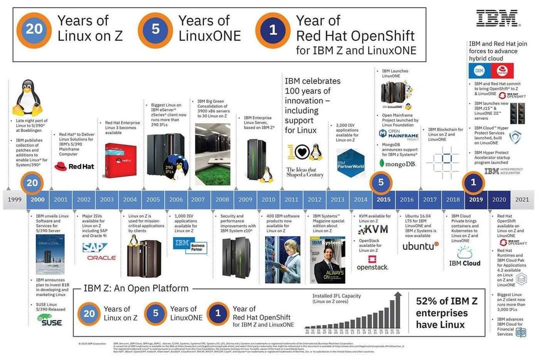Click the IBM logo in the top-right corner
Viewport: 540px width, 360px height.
pos(498,18)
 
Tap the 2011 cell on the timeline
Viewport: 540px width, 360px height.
pos(291,199)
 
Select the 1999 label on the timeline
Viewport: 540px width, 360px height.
pos(14,199)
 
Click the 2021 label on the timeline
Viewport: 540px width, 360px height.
pos(522,199)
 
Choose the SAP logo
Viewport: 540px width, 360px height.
pos(95,247)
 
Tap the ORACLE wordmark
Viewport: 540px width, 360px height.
pos(101,258)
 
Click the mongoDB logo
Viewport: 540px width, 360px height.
pos(398,163)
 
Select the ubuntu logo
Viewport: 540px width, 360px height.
pos(420,246)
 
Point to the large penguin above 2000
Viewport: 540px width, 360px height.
pos(26,98)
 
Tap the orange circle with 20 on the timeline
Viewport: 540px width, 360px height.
pos(32,183)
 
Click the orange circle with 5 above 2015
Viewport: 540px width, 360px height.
pos(381,182)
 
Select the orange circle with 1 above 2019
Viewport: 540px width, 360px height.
pos(473,182)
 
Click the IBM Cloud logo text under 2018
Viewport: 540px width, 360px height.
pos(464,263)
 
